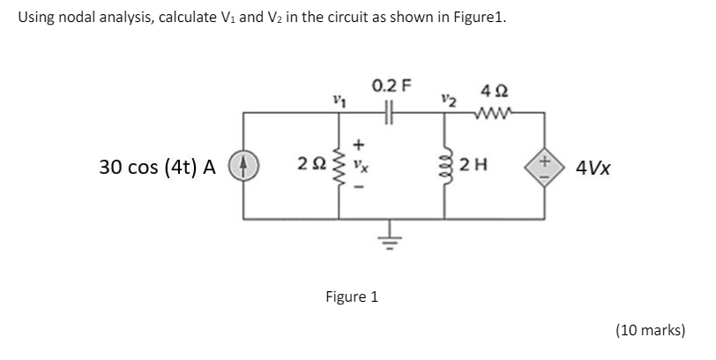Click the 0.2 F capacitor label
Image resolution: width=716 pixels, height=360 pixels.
point(392,86)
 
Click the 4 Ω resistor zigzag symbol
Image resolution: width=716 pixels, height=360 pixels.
point(492,112)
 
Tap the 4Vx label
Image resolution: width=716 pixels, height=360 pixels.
point(592,167)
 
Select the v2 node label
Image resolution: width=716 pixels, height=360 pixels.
point(450,100)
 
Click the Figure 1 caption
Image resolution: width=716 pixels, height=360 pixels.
point(352,296)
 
